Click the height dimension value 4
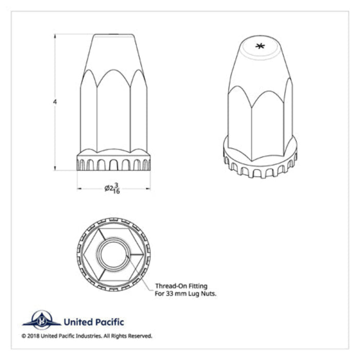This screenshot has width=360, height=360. click(55, 102)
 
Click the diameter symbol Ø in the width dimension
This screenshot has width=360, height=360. click(107, 188)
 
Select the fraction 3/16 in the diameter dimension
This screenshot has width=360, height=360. click(116, 188)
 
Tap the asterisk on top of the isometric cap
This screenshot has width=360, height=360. click(260, 47)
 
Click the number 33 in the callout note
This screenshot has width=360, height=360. click(169, 294)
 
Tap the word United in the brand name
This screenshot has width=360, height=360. click(77, 322)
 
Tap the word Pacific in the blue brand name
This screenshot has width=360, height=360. click(109, 322)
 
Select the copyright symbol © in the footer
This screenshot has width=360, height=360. click(25, 336)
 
